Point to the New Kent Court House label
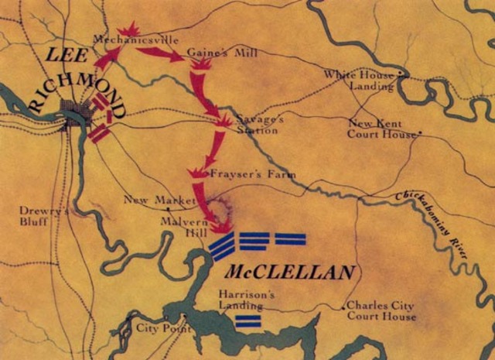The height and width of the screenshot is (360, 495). (378, 129)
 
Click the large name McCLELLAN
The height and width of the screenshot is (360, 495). (291, 272)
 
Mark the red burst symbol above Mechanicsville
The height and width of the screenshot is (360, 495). (127, 29)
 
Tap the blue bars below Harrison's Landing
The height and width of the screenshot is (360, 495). (247, 321)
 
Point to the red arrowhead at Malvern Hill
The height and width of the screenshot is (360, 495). (223, 228)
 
